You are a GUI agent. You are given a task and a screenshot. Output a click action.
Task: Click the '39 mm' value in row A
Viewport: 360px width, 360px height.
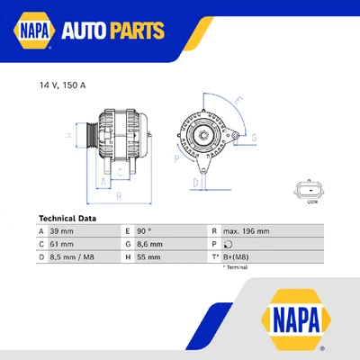click(x=62, y=231)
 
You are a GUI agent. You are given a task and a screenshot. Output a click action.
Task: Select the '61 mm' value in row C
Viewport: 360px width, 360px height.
click(x=62, y=244)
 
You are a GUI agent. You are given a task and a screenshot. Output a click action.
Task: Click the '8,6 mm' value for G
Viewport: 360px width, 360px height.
click(x=151, y=244)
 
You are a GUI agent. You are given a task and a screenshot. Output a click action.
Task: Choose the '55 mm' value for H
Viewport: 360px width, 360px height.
click(x=149, y=256)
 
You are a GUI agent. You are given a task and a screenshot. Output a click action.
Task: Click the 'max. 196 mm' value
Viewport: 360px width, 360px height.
click(x=244, y=231)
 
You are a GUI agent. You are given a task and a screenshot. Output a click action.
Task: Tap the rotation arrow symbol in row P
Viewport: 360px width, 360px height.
click(x=228, y=244)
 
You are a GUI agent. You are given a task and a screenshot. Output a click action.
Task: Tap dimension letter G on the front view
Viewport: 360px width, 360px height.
click(x=255, y=138)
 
